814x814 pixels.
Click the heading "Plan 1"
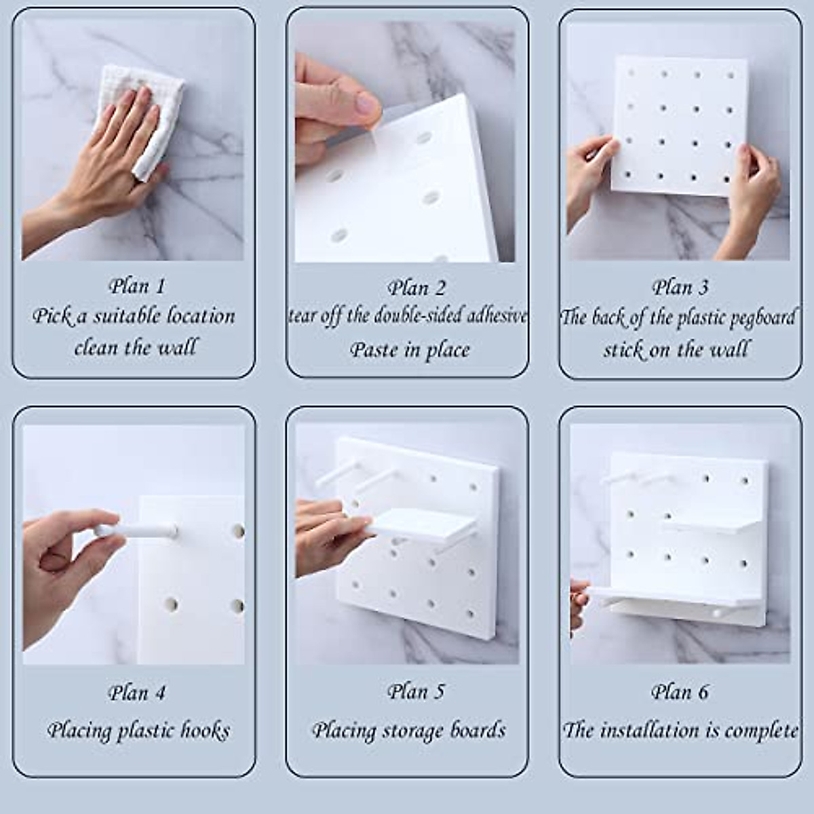click(136, 286)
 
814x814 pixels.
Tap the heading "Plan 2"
click(416, 288)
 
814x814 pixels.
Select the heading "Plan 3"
click(680, 288)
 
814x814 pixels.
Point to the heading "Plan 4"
click(136, 693)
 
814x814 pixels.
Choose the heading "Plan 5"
click(416, 691)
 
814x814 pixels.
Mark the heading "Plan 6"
click(680, 691)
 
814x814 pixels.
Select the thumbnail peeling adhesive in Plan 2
click(367, 104)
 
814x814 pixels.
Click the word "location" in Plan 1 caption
click(201, 316)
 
